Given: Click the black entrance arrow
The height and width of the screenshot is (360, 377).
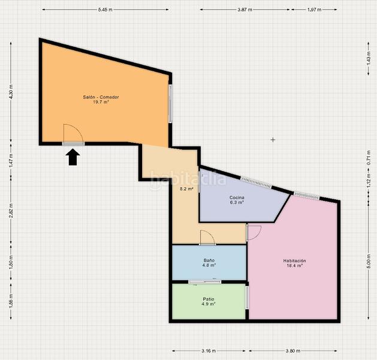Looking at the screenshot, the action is click(73, 157).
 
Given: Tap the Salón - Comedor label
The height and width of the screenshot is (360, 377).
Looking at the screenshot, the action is click(101, 97).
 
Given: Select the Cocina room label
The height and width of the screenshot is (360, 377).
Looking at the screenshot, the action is click(237, 198).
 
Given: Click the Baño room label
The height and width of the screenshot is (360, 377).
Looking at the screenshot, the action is click(209, 260).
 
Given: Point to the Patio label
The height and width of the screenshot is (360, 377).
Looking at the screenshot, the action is click(209, 299).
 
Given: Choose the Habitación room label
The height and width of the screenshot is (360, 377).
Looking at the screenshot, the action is click(294, 261).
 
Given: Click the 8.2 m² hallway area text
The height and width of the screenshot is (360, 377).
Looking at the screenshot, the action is click(187, 189).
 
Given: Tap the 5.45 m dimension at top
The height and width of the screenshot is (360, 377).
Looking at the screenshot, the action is click(105, 10).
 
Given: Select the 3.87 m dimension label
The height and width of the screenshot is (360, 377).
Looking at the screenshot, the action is click(245, 10).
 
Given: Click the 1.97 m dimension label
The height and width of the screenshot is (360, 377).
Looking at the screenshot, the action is click(314, 10).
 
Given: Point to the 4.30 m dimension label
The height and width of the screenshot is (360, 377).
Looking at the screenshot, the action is click(11, 92).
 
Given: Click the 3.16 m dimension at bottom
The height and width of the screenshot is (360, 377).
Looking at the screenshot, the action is click(209, 351).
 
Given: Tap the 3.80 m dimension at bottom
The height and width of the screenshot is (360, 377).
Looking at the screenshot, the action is click(293, 351).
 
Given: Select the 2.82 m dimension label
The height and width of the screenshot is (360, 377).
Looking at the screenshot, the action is click(11, 211).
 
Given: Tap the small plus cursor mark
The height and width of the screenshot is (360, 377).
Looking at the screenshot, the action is click(273, 140).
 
